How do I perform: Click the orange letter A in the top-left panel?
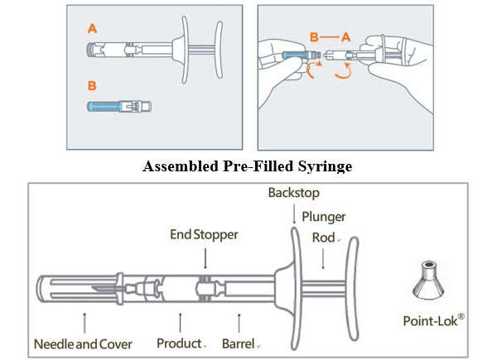91,27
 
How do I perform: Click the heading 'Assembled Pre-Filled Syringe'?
248,166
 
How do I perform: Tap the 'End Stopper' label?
205,235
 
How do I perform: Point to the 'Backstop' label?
292,193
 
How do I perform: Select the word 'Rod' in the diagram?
323,238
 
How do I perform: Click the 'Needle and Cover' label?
84,343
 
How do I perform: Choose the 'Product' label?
180,343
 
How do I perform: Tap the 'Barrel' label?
239,343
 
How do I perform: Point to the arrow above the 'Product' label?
180,319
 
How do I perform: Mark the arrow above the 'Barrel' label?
239,319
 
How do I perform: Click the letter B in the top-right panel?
314,36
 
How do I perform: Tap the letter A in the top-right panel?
347,36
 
